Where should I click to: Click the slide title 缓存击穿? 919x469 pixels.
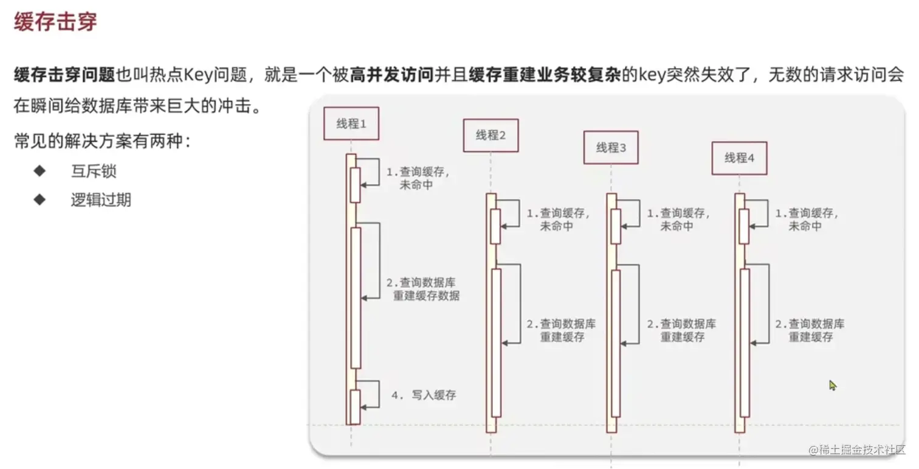click(x=55, y=23)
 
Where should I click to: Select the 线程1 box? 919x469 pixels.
click(x=351, y=124)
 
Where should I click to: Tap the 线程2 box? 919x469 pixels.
click(x=490, y=135)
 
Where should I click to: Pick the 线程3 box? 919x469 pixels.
click(x=611, y=147)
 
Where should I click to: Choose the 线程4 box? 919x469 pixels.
click(x=739, y=158)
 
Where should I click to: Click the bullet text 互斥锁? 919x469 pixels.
click(x=93, y=172)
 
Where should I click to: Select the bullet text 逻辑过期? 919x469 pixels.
click(x=100, y=200)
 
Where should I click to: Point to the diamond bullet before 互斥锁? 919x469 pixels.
click(x=40, y=171)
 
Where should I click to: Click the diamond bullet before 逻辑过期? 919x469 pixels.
click(x=40, y=200)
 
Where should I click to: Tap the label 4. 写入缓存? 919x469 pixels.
click(x=423, y=395)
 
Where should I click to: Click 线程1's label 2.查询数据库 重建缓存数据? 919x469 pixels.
click(x=425, y=290)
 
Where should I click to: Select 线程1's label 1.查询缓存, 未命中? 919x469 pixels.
click(x=418, y=178)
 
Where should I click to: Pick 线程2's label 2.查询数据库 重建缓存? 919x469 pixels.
click(x=561, y=330)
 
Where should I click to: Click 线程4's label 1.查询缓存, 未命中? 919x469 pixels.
click(x=806, y=220)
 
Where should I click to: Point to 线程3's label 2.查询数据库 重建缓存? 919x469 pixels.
click(x=681, y=330)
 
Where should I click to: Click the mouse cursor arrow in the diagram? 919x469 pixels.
click(x=832, y=385)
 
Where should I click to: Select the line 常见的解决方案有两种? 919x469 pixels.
click(x=102, y=142)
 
